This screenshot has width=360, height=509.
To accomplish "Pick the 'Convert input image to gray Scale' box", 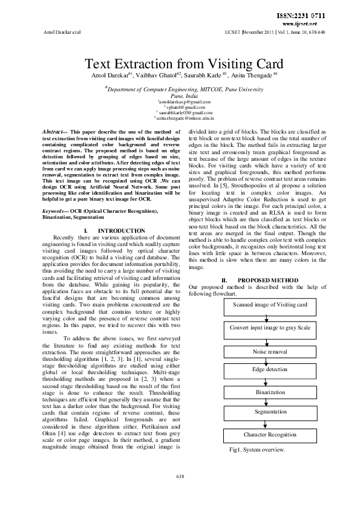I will [270, 327].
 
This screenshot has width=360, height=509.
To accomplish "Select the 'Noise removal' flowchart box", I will [270, 351].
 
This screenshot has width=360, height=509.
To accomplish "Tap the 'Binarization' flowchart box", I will [270, 392].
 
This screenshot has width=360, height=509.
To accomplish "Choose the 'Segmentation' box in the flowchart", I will [270, 411].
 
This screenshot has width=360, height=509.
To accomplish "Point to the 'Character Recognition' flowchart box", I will [270, 434].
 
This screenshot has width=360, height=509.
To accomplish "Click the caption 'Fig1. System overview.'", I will [257, 450].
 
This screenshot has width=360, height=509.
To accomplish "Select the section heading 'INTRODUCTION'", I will [121, 231].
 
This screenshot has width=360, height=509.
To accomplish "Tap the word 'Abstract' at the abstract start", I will [54, 131].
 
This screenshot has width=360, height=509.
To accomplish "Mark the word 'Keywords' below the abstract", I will [54, 210].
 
